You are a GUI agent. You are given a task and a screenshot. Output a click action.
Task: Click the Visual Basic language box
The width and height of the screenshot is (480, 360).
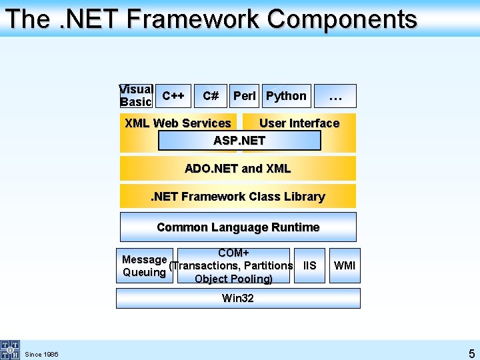(x=137, y=96)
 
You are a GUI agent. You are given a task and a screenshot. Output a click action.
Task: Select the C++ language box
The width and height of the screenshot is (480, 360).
(x=174, y=96)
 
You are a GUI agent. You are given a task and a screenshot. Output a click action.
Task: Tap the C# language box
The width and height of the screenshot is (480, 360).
(x=211, y=96)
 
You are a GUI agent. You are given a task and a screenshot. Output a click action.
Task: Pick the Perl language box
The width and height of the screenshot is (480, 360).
(x=245, y=96)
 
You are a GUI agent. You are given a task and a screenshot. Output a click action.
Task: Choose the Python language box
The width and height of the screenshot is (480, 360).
(x=286, y=96)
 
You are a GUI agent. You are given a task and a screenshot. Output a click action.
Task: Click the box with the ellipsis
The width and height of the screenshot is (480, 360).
(x=335, y=96)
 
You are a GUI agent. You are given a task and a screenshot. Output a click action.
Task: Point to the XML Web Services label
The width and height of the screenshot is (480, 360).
(x=178, y=123)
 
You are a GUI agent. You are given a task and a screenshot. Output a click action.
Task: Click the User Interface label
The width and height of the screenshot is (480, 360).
(x=299, y=123)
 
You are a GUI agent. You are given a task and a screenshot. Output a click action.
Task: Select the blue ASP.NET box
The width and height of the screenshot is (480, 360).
(x=239, y=141)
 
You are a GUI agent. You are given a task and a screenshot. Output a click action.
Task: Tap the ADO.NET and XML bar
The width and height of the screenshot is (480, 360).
(x=238, y=169)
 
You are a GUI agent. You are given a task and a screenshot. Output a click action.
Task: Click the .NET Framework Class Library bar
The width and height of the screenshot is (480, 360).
(x=238, y=197)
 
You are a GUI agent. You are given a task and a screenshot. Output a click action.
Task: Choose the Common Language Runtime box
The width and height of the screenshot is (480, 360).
(x=238, y=227)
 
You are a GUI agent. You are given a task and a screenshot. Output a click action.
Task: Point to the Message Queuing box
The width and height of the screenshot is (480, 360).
(x=145, y=266)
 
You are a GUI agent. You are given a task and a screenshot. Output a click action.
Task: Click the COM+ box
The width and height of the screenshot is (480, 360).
(x=233, y=266)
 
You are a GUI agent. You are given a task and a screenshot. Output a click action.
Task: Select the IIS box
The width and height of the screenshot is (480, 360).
(x=309, y=266)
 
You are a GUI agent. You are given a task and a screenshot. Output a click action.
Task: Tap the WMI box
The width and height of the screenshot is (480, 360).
(x=345, y=266)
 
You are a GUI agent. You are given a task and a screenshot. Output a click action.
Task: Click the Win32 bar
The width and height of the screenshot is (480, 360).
(x=238, y=298)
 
